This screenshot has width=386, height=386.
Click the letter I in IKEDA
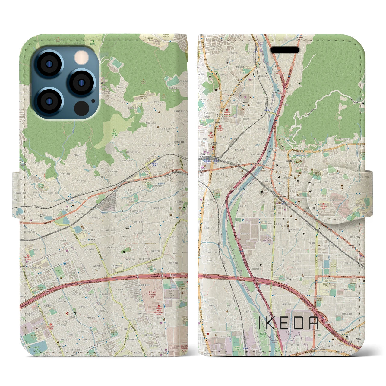260,323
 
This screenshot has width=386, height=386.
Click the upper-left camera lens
49,64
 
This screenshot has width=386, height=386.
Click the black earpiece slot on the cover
284,50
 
